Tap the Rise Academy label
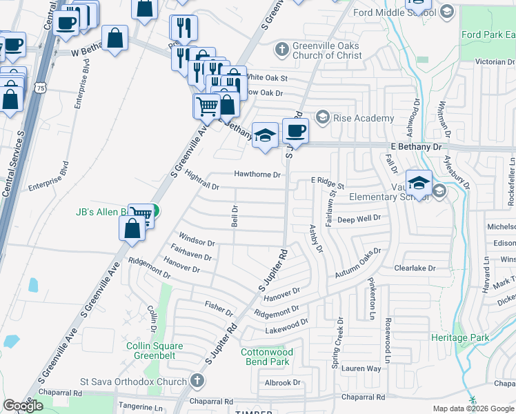(x=364, y=118)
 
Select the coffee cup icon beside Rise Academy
(x=295, y=130)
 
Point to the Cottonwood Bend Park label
(x=267, y=357)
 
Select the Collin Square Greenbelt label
(x=155, y=351)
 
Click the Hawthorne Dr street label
(x=257, y=175)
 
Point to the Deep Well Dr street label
(x=359, y=219)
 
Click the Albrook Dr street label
(x=283, y=382)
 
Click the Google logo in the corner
(x=23, y=406)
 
